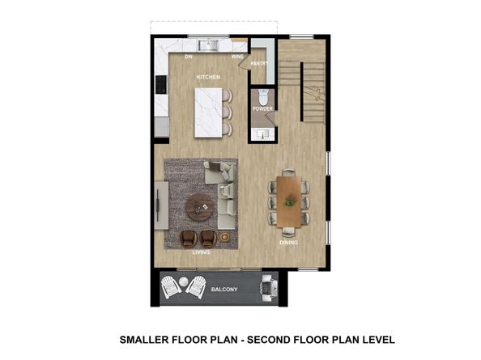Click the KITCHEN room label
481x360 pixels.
click(208, 77)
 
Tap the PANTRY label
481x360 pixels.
click(259, 63)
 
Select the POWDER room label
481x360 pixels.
click(262, 108)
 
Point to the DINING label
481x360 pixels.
click(288, 243)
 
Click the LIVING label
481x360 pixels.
click(202, 252)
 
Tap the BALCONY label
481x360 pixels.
click(224, 290)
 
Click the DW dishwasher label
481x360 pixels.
click(189, 57)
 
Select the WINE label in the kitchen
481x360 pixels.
click(237, 57)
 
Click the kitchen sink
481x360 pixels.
click(208, 45)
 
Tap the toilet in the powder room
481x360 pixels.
click(263, 97)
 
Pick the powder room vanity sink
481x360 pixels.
click(263, 133)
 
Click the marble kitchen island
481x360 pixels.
click(208, 112)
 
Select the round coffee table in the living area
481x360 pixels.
click(199, 207)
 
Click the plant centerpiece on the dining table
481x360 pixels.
click(288, 201)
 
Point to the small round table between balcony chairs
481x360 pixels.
click(183, 282)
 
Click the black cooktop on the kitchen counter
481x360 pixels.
click(161, 84)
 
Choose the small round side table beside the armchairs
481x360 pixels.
click(224, 237)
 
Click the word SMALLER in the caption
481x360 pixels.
click(143, 340)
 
